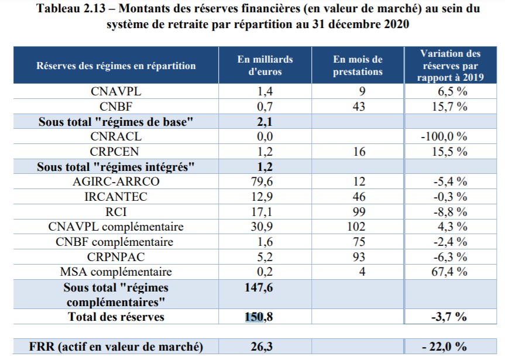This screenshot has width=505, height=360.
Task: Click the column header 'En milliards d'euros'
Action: coord(265,66)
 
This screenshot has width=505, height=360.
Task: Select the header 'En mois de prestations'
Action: coord(358,66)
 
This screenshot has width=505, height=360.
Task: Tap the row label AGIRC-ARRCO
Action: coord(116,181)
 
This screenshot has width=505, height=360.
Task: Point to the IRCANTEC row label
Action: coord(116,197)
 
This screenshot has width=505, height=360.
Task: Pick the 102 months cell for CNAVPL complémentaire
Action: coord(359,227)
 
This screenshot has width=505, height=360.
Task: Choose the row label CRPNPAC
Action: coord(116,256)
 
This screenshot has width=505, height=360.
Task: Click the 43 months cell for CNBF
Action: coord(359,106)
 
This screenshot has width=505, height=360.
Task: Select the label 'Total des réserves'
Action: coord(116,317)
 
